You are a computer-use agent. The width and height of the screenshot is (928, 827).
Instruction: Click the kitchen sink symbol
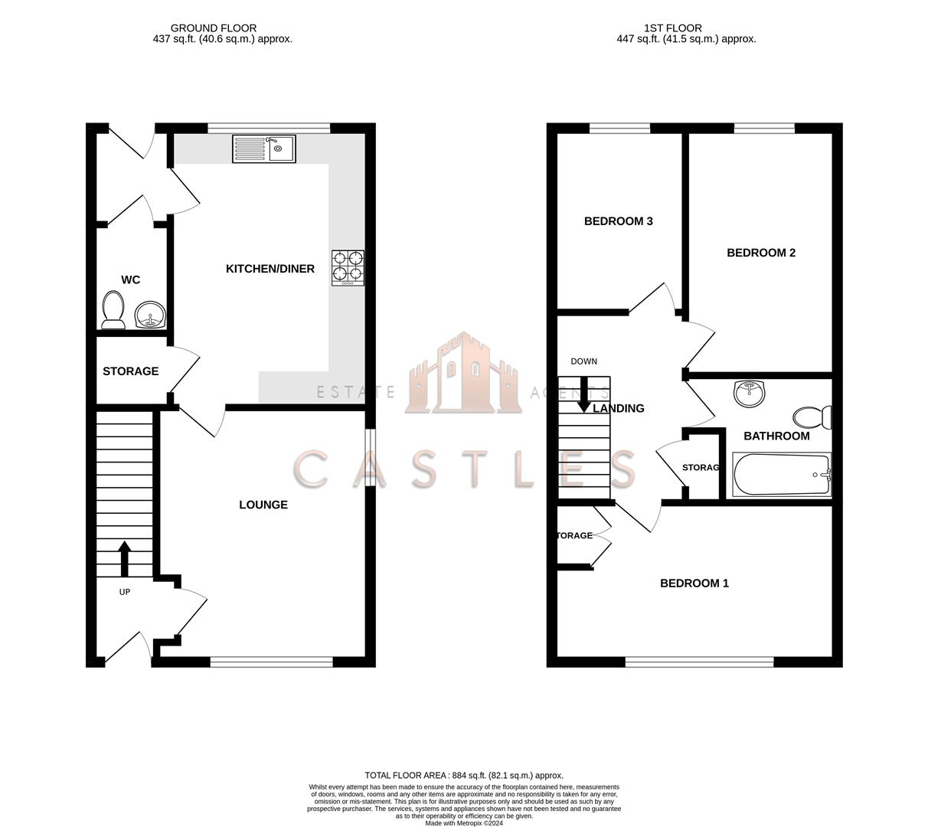[263, 149]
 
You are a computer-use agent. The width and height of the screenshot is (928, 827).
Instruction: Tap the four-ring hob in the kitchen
[348, 268]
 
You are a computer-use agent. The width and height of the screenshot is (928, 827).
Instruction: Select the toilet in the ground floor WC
[113, 310]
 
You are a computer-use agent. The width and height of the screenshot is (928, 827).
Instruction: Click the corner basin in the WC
[150, 315]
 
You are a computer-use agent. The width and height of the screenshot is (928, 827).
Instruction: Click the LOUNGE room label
[263, 505]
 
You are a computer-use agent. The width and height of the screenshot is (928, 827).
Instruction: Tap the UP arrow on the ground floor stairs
[123, 558]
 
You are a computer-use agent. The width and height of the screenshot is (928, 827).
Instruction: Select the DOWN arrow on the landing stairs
[583, 394]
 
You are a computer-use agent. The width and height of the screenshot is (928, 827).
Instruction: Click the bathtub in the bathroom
[782, 475]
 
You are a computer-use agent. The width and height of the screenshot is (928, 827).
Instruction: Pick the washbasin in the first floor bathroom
[749, 394]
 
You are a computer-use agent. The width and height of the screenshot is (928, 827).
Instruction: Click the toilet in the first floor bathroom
[812, 417]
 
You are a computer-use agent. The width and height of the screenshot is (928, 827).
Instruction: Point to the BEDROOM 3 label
[618, 221]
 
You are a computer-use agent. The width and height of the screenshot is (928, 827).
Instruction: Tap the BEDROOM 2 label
[760, 253]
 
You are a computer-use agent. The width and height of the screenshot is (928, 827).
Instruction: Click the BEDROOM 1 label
[694, 583]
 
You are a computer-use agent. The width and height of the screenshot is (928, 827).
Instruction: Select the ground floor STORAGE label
[130, 371]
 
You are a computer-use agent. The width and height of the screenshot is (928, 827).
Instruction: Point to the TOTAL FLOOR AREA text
[463, 775]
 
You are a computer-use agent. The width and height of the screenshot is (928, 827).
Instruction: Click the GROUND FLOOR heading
[213, 28]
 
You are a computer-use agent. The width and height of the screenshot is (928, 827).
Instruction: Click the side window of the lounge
[370, 457]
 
